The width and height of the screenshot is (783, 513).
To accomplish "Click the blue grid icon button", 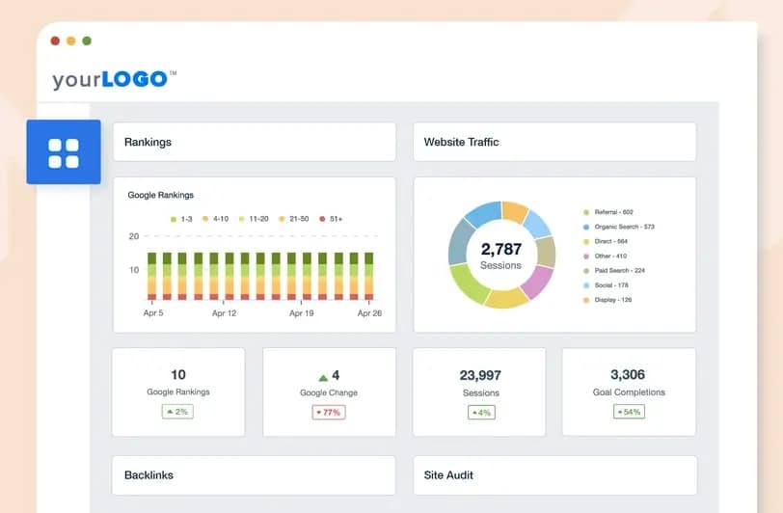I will [x=64, y=152].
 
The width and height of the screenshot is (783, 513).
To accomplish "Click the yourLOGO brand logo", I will [x=114, y=79].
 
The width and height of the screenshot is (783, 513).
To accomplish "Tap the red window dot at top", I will [x=55, y=41].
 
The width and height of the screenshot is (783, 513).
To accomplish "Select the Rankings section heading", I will [x=148, y=142].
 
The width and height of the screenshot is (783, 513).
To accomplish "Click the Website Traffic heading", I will [x=461, y=142].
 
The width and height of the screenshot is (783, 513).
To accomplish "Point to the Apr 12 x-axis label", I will [x=224, y=313].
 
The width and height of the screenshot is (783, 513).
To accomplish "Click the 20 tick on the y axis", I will [x=134, y=236].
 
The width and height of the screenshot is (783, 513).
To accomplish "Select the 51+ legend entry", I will [x=331, y=219].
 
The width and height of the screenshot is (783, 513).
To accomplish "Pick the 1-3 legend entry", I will [x=181, y=219].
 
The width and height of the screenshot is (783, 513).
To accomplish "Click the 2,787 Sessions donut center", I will [x=500, y=256].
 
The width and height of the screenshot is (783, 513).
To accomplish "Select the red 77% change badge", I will [x=328, y=412].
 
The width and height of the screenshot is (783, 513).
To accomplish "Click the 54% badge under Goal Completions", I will [x=628, y=412].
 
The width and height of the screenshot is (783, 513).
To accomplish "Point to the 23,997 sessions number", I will [x=479, y=375].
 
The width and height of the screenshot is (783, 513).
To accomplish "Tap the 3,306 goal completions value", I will [x=629, y=374].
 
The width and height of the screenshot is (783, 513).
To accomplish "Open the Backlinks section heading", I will [x=148, y=475].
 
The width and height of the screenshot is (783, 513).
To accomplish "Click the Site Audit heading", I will [x=448, y=475].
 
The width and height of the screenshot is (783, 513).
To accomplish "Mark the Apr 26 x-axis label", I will [x=370, y=313].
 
